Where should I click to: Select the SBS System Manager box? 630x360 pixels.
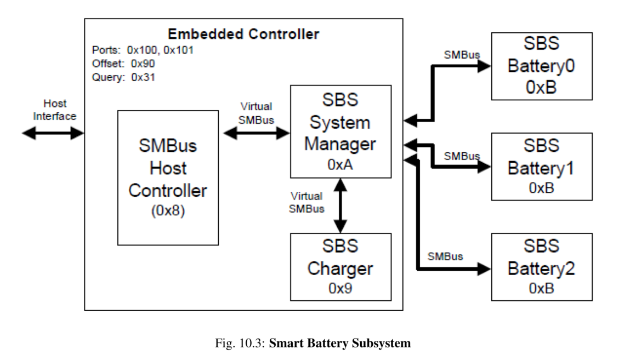coord(340,132)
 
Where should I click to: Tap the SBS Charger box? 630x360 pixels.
coord(340,266)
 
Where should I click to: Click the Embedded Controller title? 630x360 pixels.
coord(243,35)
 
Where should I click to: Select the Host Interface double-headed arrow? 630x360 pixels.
coord(53,133)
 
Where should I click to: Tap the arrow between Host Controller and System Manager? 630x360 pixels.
coord(256,132)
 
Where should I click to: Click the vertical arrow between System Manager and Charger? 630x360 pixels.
coord(340,206)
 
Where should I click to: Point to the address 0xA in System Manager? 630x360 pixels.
coord(340,165)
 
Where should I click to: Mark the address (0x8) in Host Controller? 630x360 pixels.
coord(168,212)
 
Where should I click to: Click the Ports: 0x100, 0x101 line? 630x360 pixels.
coord(143,50)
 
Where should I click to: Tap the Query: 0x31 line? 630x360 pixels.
coord(124,77)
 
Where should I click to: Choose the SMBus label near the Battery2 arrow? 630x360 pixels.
coord(446,256)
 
